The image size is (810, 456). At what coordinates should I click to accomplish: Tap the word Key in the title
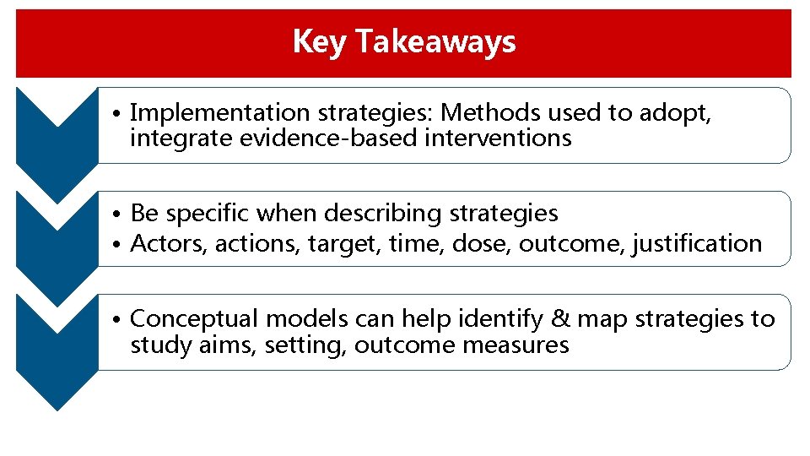pyautogui.click(x=319, y=41)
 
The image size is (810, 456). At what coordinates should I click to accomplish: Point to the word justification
pyautogui.click(x=696, y=243)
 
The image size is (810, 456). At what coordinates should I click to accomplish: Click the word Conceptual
pyautogui.click(x=193, y=319)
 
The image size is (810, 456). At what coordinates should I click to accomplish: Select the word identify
pyautogui.click(x=499, y=319)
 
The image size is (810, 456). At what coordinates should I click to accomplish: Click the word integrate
pyautogui.click(x=181, y=138)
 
